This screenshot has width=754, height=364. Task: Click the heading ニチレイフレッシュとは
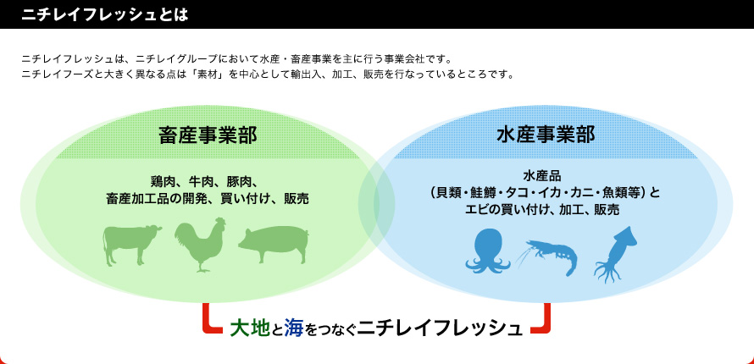click(104, 14)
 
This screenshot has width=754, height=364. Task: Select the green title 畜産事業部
click(208, 135)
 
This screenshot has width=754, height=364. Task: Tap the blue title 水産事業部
click(546, 135)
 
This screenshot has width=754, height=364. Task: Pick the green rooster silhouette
click(200, 245)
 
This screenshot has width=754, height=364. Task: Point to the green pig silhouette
click(274, 245)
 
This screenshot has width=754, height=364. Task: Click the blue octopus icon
click(488, 251)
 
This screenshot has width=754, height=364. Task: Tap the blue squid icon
click(616, 254)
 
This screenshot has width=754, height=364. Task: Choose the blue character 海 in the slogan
click(293, 328)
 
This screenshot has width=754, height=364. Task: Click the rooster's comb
click(219, 221)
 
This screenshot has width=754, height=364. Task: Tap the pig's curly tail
click(307, 236)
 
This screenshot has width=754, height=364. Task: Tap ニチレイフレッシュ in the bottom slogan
click(440, 328)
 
